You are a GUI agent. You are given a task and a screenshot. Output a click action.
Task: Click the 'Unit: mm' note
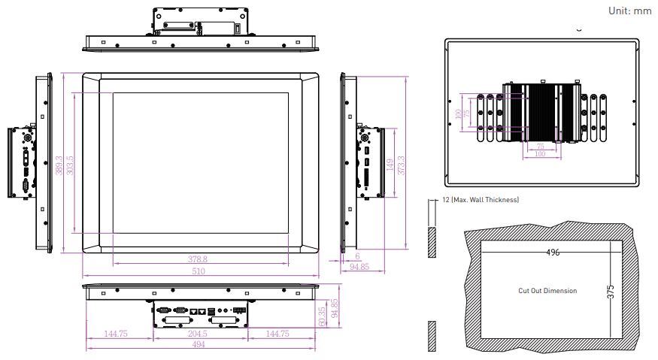click(629, 11)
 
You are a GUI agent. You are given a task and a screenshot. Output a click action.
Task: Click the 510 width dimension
click(199, 271)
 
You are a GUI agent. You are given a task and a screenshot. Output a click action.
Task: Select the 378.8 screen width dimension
click(197, 259)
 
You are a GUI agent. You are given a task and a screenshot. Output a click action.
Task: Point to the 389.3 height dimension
click(59, 165)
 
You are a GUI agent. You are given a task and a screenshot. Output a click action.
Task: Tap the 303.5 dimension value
click(70, 165)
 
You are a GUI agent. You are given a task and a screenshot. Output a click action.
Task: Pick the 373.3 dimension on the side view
click(401, 165)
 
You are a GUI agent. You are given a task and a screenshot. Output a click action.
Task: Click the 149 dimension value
click(390, 164)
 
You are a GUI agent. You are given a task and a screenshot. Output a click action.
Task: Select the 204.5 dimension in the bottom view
click(198, 334)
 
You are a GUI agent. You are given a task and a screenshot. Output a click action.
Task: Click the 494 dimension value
click(199, 344)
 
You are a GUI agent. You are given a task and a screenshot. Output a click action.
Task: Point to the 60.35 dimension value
click(322, 316)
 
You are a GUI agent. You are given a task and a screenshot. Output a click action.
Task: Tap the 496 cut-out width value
click(553, 253)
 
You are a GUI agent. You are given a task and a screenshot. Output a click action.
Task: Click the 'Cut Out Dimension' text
click(547, 290)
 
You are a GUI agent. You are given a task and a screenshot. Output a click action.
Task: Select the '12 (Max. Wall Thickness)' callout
click(481, 200)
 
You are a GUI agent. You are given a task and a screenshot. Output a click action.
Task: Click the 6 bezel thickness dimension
click(357, 256)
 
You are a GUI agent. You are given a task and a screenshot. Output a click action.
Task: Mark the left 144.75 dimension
click(116, 334)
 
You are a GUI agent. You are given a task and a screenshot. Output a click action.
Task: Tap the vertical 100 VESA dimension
click(458, 113)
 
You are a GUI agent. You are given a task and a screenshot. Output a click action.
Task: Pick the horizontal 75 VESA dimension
click(541, 147)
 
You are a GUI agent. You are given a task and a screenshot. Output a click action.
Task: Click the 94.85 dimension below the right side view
click(359, 267)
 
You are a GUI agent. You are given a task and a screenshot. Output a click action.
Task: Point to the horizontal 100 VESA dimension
click(540, 154)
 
